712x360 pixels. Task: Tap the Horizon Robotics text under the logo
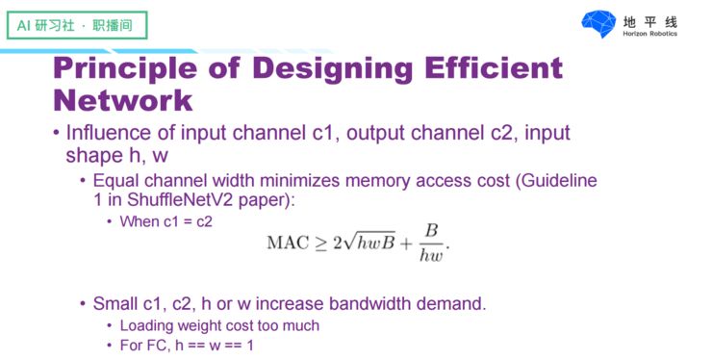650,35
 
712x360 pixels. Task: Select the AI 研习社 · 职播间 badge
71,25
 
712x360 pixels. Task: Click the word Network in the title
122,100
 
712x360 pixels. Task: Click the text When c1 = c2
165,221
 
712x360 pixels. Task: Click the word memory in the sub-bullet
363,180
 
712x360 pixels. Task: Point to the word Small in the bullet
115,304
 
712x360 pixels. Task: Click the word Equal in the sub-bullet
114,180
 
